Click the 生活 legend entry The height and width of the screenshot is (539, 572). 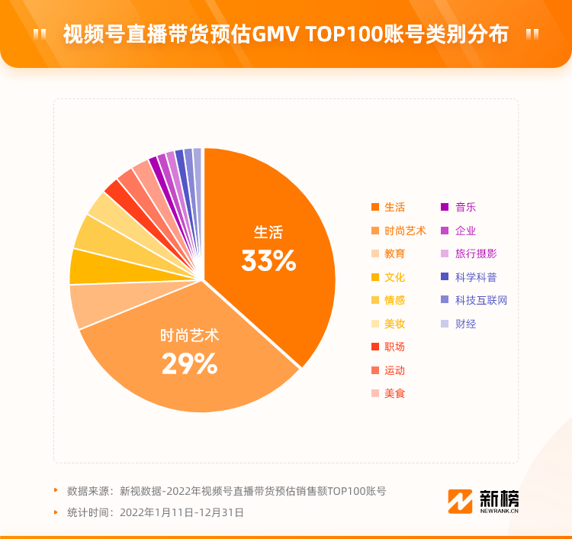pyautogui.click(x=388, y=207)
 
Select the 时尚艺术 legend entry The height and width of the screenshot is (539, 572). pyautogui.click(x=398, y=231)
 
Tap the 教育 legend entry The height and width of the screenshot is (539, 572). pyautogui.click(x=388, y=253)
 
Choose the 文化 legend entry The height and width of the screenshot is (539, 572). pyautogui.click(x=388, y=277)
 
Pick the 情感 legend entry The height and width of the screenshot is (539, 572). pyautogui.click(x=388, y=300)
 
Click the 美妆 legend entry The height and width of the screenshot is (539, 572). pyautogui.click(x=388, y=324)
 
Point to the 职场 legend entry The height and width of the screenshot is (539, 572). pyautogui.click(x=388, y=347)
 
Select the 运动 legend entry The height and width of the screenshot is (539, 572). pyautogui.click(x=388, y=370)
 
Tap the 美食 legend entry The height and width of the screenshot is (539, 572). pyautogui.click(x=388, y=393)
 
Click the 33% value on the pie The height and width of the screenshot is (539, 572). pyautogui.click(x=268, y=261)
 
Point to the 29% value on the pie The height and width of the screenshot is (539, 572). pyautogui.click(x=189, y=364)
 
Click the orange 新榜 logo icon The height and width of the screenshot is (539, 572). pyautogui.click(x=461, y=502)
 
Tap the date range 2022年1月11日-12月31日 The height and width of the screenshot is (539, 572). pyautogui.click(x=182, y=512)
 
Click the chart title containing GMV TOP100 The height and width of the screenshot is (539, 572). pyautogui.click(x=285, y=34)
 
